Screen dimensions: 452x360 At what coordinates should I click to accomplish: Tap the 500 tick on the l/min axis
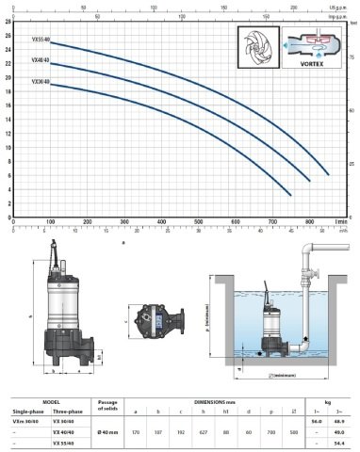(x=198, y=222)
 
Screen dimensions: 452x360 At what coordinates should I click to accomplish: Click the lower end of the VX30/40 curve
(x=291, y=194)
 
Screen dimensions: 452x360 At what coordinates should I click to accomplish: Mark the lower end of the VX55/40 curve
(x=329, y=175)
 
